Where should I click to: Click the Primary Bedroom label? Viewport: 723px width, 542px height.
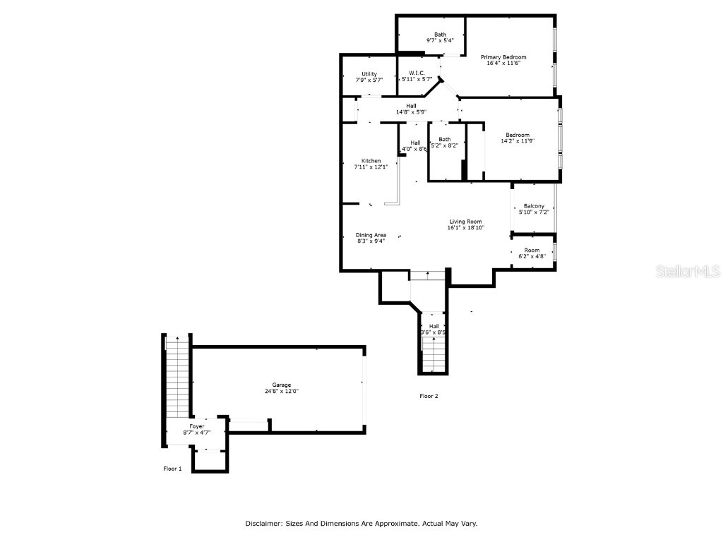tap(503, 57)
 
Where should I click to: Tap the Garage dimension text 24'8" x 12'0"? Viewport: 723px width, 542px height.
tap(277, 391)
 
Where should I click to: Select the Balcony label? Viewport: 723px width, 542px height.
tap(534, 206)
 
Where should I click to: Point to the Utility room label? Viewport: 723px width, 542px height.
tap(369, 74)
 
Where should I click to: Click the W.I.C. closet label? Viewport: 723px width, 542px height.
tap(417, 73)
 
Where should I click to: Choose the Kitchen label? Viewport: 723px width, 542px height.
tap(371, 161)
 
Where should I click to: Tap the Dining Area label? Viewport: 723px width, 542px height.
tap(371, 235)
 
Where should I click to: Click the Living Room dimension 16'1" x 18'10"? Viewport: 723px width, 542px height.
tap(465, 228)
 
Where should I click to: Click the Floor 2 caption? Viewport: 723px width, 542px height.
tap(429, 396)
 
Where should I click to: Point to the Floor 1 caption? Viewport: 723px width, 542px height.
tap(172, 469)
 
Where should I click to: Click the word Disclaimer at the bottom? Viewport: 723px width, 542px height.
tap(264, 524)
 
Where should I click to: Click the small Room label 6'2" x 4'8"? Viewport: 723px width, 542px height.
tap(532, 251)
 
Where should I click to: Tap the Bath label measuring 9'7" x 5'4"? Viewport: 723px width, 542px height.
tap(440, 35)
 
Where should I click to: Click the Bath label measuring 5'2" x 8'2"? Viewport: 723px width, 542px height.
tap(444, 139)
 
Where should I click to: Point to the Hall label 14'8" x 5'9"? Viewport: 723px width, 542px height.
tap(411, 106)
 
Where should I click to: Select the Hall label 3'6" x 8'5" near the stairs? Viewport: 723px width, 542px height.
tap(434, 326)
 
